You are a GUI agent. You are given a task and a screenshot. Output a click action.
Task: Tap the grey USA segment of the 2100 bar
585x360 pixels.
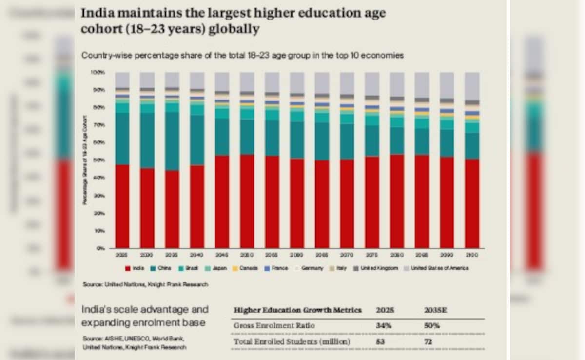[x=471, y=86]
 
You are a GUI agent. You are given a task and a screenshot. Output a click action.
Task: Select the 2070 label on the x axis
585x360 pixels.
[x=347, y=255]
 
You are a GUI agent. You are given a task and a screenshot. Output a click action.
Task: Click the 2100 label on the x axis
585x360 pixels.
[x=471, y=255]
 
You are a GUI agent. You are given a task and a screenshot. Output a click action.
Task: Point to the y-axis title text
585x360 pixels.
[x=85, y=160]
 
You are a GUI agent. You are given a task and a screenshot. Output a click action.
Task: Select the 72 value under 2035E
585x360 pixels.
[x=429, y=341]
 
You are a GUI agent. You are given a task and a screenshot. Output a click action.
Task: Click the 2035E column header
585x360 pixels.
[x=432, y=310]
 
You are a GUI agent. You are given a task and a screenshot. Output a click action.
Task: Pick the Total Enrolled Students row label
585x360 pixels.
[x=292, y=341]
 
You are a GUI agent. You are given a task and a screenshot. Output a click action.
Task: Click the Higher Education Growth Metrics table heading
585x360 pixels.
[x=298, y=310]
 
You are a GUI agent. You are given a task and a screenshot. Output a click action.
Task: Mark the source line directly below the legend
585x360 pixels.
[x=145, y=284]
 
